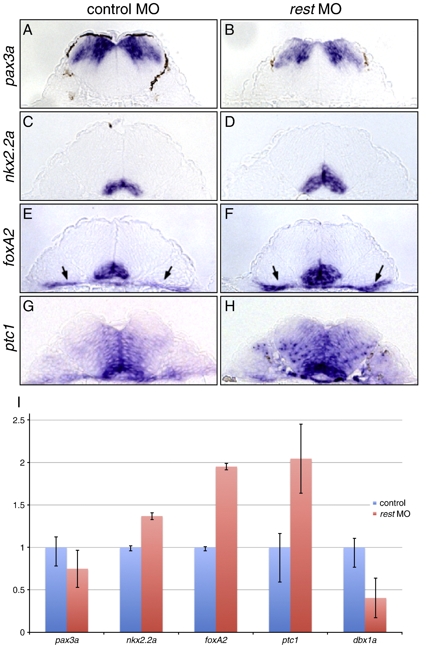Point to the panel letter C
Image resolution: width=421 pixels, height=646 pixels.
coord(28,122)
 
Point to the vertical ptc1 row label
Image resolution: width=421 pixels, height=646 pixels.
coord(11,340)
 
